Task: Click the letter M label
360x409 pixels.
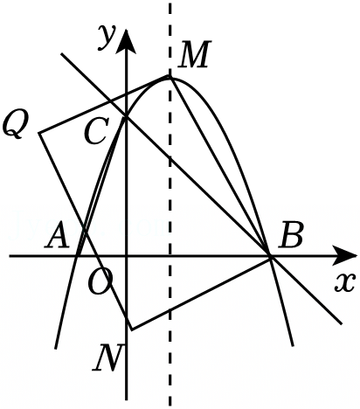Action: [194, 54]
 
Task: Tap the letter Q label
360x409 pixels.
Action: [15, 125]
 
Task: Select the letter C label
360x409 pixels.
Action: [96, 131]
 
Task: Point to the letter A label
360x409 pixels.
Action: [57, 235]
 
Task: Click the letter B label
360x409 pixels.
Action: [290, 235]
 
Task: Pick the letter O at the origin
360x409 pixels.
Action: [100, 281]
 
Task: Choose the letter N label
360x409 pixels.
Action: [107, 357]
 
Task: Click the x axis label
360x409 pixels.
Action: [345, 282]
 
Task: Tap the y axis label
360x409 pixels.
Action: [107, 36]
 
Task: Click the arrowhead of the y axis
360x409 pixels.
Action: [126, 41]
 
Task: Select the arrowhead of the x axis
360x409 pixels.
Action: [345, 256]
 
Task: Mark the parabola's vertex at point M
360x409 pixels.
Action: [170, 77]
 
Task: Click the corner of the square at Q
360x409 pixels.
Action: [39, 133]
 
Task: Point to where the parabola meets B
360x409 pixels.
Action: [270, 256]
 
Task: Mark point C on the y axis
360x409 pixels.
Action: [126, 117]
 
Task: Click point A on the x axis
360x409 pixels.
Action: [78, 256]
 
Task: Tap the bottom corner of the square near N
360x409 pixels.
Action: [132, 330]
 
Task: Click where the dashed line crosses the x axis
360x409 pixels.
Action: [170, 256]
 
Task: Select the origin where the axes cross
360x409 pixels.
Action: [126, 256]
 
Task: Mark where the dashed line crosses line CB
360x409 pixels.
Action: [170, 159]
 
